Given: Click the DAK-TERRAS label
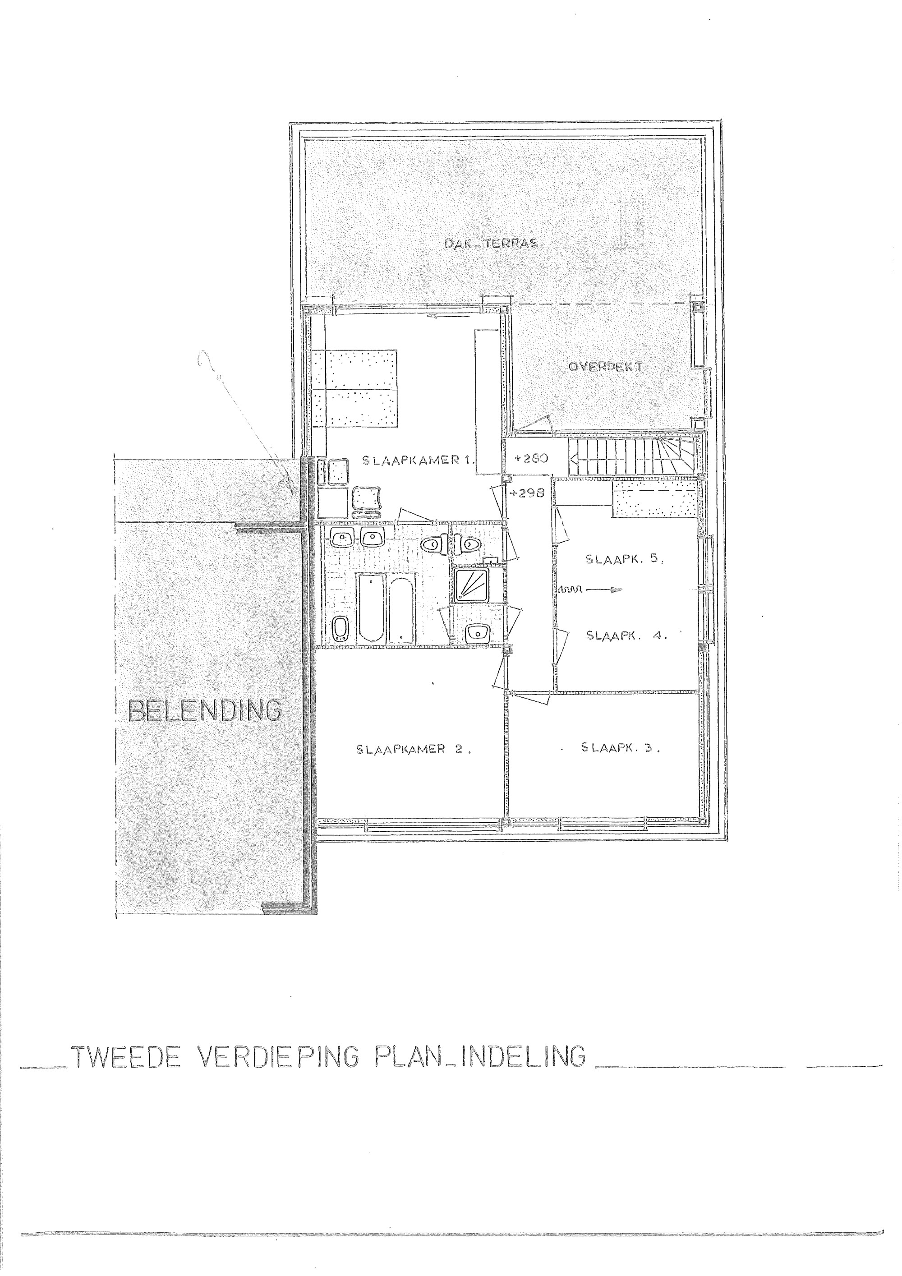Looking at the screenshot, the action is (491, 243).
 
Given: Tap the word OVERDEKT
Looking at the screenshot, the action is (605, 367).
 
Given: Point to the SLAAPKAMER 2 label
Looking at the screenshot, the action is (414, 749).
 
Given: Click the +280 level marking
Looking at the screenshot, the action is (532, 459).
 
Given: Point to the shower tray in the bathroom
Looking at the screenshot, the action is (471, 584).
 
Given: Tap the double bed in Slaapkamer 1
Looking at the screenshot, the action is (354, 388).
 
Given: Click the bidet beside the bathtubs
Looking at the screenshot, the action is (340, 630).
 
